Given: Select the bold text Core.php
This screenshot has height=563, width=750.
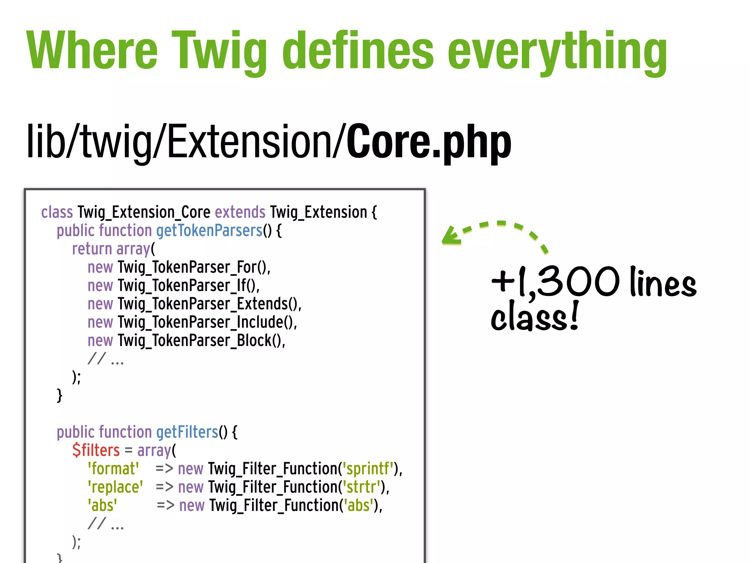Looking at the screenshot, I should click(428, 142).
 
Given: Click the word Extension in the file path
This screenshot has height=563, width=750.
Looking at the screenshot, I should click(249, 142).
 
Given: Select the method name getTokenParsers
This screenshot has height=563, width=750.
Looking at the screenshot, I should click(209, 231).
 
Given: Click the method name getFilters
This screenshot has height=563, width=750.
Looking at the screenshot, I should click(187, 432).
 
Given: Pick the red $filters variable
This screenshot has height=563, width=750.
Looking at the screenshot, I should click(96, 450).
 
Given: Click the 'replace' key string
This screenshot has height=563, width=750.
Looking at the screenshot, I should click(115, 487).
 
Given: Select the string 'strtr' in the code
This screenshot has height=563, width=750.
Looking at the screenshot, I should click(361, 487).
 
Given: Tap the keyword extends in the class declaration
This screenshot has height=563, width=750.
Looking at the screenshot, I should click(240, 212).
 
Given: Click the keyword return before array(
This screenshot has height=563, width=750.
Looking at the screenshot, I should click(92, 249).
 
